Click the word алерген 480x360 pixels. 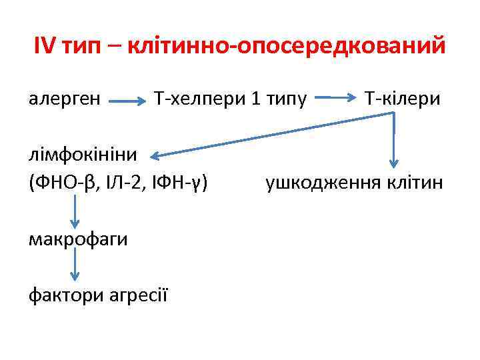click(x=65, y=99)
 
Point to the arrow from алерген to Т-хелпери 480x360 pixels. click(x=127, y=102)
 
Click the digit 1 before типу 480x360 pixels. click(x=256, y=99)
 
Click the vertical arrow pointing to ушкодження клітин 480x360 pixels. click(x=394, y=140)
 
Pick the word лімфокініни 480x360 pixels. click(x=83, y=155)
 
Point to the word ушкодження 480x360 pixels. click(x=319, y=182)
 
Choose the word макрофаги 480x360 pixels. click(x=78, y=239)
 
